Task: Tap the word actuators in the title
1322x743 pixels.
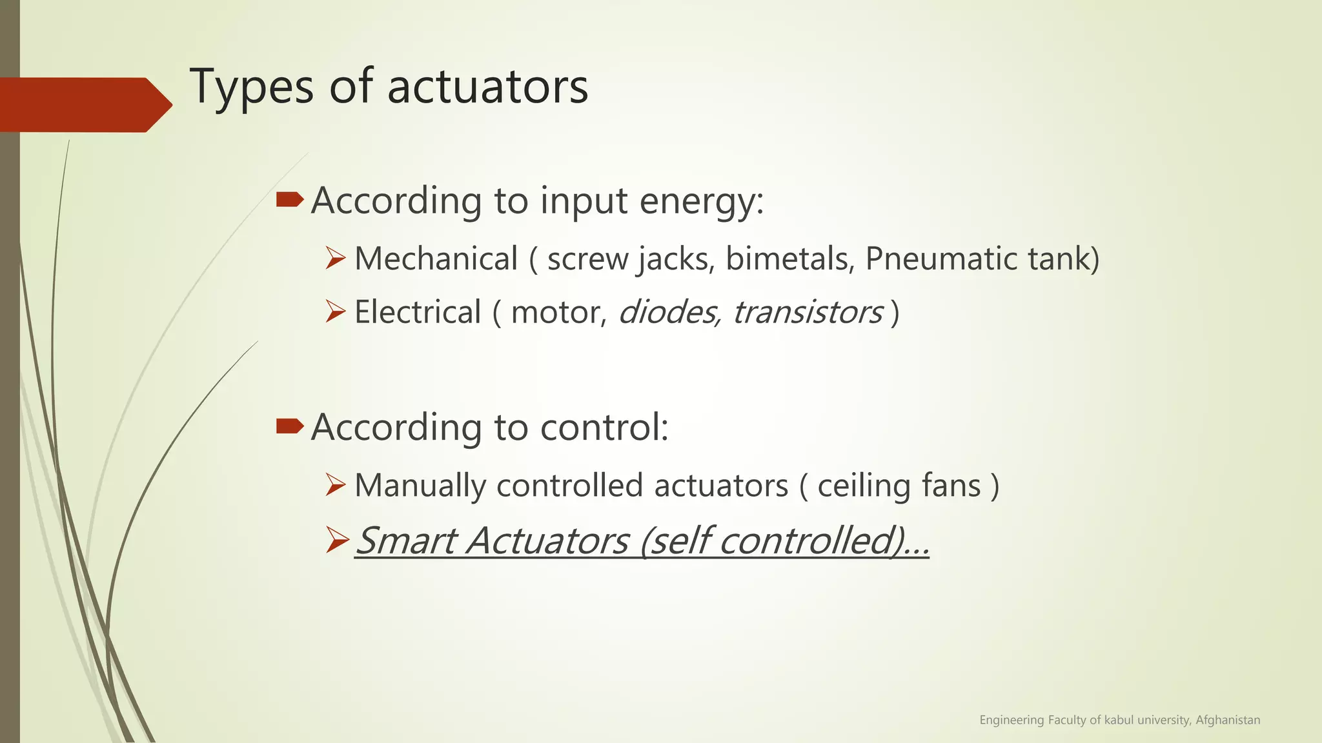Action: [487, 87]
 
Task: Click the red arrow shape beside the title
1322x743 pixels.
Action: [84, 104]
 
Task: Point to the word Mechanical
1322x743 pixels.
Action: [436, 259]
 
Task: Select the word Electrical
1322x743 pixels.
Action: [418, 313]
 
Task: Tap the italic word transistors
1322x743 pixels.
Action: [808, 313]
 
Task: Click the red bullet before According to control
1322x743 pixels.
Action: [289, 426]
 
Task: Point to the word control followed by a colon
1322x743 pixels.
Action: [604, 427]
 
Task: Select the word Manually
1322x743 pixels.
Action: [420, 486]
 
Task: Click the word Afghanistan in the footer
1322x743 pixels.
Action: [1228, 720]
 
